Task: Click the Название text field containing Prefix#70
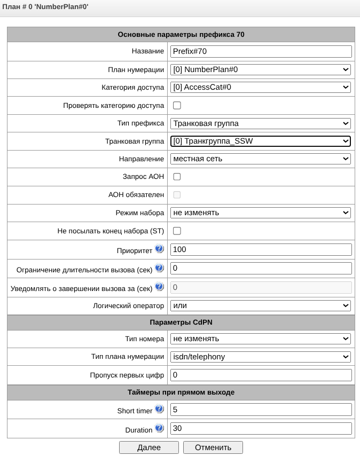tap(261, 51)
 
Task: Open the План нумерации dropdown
tap(261, 69)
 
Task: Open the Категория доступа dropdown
tap(261, 87)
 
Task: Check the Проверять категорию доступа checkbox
tap(177, 105)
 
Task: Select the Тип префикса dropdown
tap(261, 123)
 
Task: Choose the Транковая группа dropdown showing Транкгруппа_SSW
tap(261, 141)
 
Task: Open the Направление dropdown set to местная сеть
tap(261, 159)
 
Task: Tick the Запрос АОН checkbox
tap(177, 177)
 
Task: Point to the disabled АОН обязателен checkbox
tap(177, 195)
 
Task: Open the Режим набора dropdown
tap(261, 213)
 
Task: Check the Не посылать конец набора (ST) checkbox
tap(177, 231)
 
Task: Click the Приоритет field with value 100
tap(261, 249)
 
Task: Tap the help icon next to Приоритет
tap(159, 249)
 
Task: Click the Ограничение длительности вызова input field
tap(261, 268)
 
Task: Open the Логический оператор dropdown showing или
tap(261, 305)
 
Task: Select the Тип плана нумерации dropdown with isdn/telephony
tap(261, 357)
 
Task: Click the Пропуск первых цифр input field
tap(261, 375)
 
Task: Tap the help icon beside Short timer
tap(159, 410)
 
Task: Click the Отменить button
tap(213, 447)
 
